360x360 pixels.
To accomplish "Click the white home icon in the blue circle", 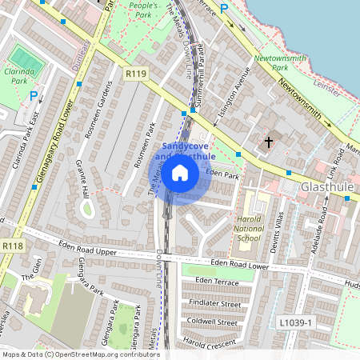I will point(181,172).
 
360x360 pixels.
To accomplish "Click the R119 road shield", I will point(136,74).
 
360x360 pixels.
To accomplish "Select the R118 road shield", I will point(12,246).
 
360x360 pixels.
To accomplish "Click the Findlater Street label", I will point(218,304).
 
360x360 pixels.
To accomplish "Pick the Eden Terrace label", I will point(216,282).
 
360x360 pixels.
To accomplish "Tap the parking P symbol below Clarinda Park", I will point(34,95).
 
